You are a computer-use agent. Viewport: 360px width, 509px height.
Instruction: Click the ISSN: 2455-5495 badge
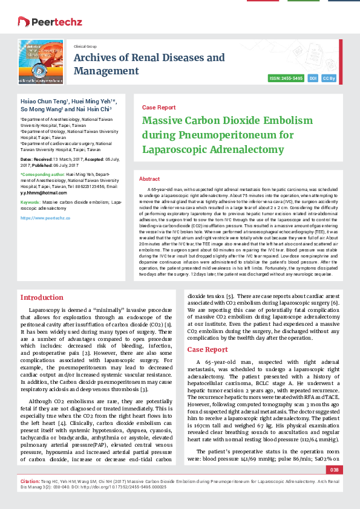tap(287, 79)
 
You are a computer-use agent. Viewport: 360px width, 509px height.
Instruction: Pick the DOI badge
tap(313, 79)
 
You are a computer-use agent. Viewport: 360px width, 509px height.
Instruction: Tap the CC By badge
tap(330, 79)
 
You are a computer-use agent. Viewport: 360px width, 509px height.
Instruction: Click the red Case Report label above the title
tap(159, 107)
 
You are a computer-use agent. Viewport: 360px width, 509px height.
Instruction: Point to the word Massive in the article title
tap(163, 120)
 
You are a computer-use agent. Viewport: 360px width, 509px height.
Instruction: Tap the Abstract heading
tap(149, 179)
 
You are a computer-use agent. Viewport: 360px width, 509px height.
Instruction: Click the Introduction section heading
tap(42, 297)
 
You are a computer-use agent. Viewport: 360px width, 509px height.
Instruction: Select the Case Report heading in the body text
tap(208, 349)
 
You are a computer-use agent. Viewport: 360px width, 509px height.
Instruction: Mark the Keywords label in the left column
tap(30, 201)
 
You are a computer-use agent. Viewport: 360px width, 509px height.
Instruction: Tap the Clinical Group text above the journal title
tap(85, 45)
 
